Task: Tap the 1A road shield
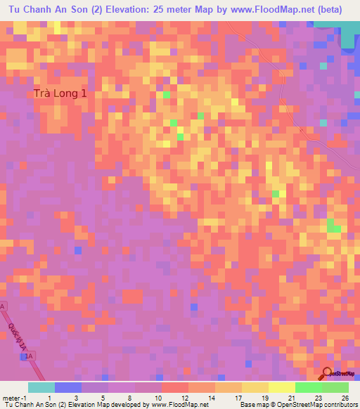[x=29, y=357]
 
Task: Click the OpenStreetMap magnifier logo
[x=327, y=372]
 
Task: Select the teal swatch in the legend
[x=41, y=387]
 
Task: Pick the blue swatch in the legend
[x=67, y=387]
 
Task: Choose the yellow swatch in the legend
[x=255, y=387]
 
